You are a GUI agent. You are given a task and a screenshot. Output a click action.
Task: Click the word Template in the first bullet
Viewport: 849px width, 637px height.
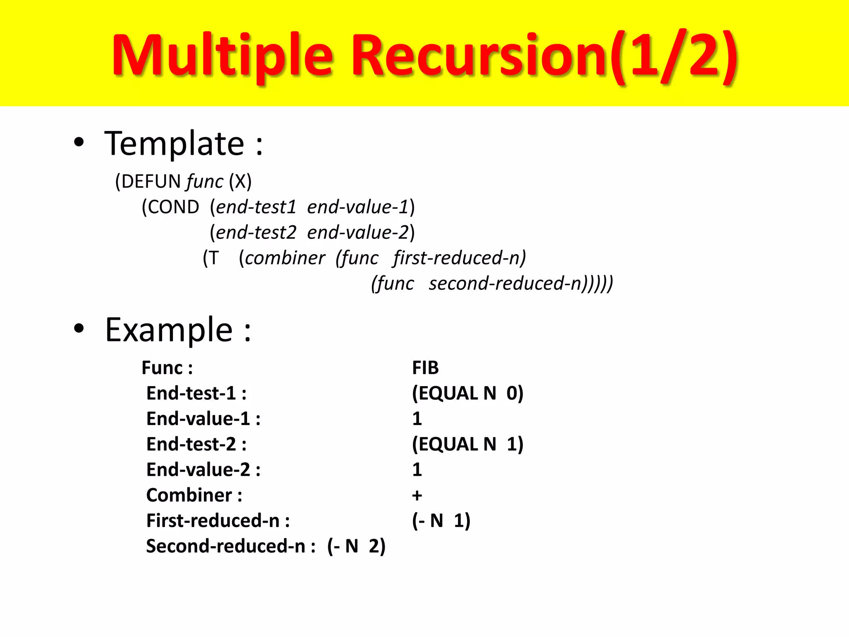(x=175, y=143)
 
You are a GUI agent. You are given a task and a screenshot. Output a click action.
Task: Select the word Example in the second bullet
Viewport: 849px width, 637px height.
(x=169, y=330)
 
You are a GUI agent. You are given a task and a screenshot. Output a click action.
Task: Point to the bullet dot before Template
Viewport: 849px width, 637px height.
(x=79, y=143)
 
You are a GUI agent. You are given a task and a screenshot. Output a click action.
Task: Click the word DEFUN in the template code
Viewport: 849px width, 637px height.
(x=151, y=182)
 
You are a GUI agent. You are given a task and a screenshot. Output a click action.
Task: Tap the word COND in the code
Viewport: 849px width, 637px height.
(x=173, y=207)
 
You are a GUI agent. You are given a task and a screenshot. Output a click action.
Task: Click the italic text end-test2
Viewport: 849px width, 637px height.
(x=256, y=232)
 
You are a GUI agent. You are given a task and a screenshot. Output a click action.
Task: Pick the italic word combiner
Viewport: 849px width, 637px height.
(x=285, y=258)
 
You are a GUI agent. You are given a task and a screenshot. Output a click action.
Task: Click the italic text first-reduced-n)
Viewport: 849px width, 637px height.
(x=459, y=258)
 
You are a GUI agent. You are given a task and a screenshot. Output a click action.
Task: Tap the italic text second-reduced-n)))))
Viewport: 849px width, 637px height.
(x=521, y=284)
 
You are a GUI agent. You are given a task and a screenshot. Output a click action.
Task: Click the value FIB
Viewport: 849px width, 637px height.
(x=425, y=368)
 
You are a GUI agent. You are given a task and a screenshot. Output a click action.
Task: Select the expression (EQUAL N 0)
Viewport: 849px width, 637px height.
(x=468, y=393)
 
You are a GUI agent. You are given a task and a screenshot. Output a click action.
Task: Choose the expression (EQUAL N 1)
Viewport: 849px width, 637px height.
(x=468, y=444)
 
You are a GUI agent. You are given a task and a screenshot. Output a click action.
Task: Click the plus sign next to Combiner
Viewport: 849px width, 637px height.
(x=417, y=496)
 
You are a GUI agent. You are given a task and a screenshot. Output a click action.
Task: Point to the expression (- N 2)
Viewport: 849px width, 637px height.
(x=357, y=546)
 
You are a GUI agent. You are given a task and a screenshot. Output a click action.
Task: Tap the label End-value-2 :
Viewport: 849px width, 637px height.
(x=203, y=470)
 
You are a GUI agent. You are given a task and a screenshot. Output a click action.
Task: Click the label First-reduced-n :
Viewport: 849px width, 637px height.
(x=218, y=521)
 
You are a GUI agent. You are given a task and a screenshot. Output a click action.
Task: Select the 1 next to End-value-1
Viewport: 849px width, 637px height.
(x=417, y=419)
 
